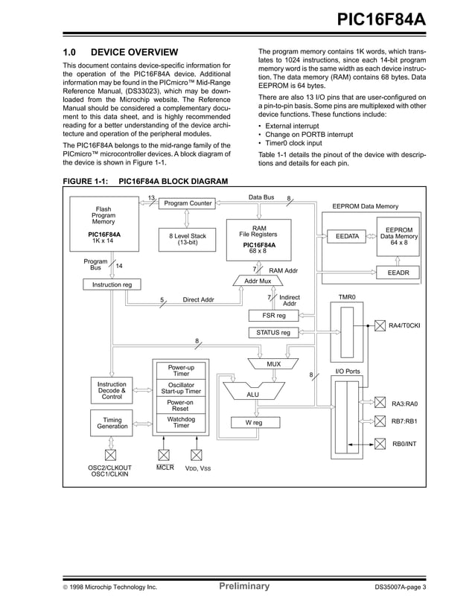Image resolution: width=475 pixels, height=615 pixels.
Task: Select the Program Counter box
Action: tap(188, 203)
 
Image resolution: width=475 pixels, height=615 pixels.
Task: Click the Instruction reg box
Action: tap(112, 284)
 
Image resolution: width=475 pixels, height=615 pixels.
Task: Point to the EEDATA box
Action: tap(347, 236)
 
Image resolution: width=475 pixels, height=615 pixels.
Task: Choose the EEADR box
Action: tap(398, 273)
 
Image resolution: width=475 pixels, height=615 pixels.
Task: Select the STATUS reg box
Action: tap(274, 332)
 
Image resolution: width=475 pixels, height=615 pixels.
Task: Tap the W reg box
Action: tap(255, 422)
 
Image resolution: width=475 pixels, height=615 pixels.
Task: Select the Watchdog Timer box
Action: tap(180, 423)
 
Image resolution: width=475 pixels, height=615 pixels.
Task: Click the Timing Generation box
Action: tap(112, 424)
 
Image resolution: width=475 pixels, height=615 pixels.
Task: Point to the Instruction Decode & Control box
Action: tap(112, 391)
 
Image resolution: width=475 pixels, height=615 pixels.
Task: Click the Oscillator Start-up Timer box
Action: tap(180, 388)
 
